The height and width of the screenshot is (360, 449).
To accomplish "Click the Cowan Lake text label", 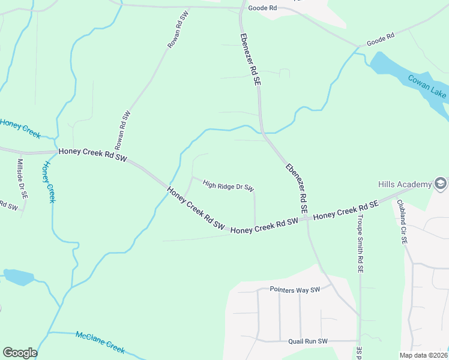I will tap(427, 86).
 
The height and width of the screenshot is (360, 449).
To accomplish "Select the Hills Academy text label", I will tap(405, 184).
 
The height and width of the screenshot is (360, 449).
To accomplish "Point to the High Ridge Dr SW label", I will tap(229, 186).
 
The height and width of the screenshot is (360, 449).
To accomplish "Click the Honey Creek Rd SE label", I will tap(345, 210).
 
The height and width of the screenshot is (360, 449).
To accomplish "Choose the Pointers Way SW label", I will tap(295, 290).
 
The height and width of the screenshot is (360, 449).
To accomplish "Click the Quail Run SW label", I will tap(307, 341).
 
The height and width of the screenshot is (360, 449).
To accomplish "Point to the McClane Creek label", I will tap(100, 341).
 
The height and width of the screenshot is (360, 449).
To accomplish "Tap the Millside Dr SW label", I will tap(22, 179).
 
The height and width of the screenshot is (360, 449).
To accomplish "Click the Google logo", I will tap(20, 353).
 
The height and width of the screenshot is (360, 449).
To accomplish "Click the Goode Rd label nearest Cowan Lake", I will tap(380, 38).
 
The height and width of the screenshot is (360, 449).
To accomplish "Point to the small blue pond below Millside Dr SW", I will tap(19, 277).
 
